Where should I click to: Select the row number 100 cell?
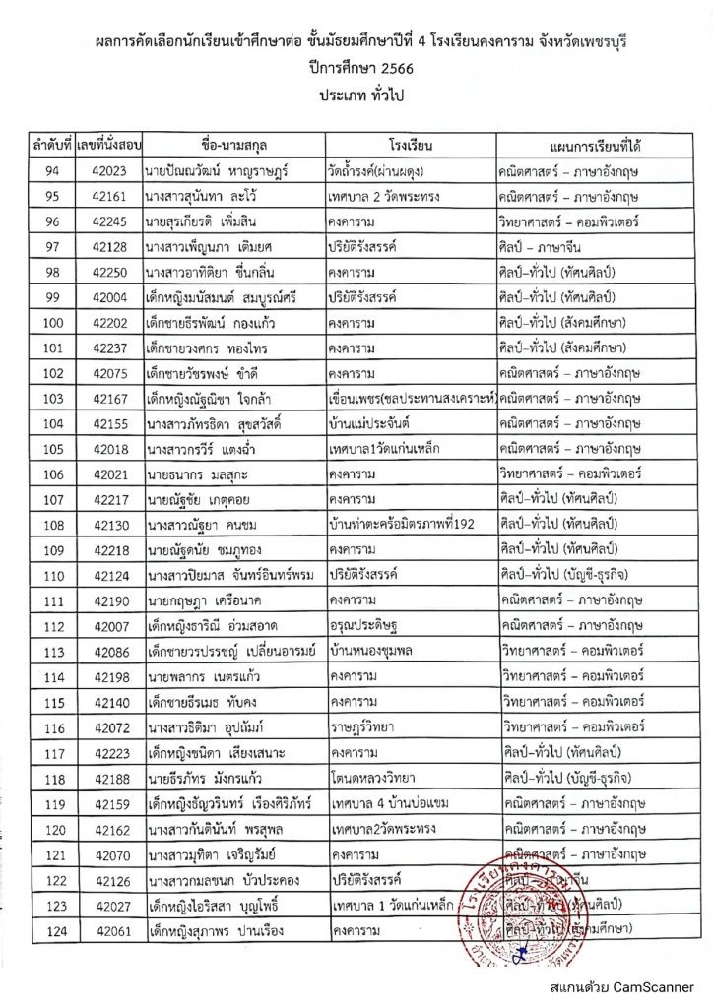coord(52,322)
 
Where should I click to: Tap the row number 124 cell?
coord(52,928)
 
